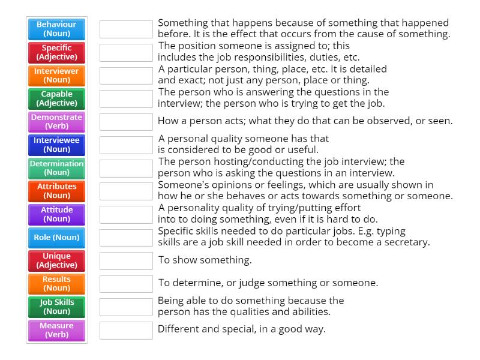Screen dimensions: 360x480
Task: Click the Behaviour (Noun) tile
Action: click(x=57, y=29)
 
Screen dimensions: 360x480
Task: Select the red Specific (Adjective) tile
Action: click(x=57, y=52)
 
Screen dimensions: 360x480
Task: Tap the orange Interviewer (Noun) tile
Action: click(x=57, y=76)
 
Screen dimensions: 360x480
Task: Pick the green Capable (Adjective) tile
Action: click(x=57, y=98)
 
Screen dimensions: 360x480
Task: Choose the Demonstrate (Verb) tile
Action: click(x=57, y=122)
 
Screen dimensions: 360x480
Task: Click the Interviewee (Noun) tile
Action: click(x=57, y=145)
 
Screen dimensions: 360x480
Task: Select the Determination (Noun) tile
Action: click(x=57, y=168)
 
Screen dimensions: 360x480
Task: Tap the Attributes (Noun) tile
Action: click(x=57, y=191)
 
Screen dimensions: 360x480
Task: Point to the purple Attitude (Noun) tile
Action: click(x=57, y=214)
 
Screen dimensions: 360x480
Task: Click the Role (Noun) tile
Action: click(x=57, y=238)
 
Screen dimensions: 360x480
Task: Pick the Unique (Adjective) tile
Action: click(x=57, y=260)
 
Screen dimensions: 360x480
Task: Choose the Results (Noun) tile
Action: click(x=57, y=284)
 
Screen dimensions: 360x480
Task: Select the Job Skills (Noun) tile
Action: click(x=57, y=307)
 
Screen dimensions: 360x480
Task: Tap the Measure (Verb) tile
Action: click(x=57, y=330)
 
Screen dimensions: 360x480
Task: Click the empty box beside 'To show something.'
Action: click(x=126, y=260)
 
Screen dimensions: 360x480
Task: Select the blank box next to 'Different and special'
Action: click(x=126, y=330)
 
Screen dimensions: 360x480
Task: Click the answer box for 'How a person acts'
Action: click(x=126, y=122)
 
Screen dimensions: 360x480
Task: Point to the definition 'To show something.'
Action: click(x=205, y=260)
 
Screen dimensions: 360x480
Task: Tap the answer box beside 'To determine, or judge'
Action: click(x=126, y=284)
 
